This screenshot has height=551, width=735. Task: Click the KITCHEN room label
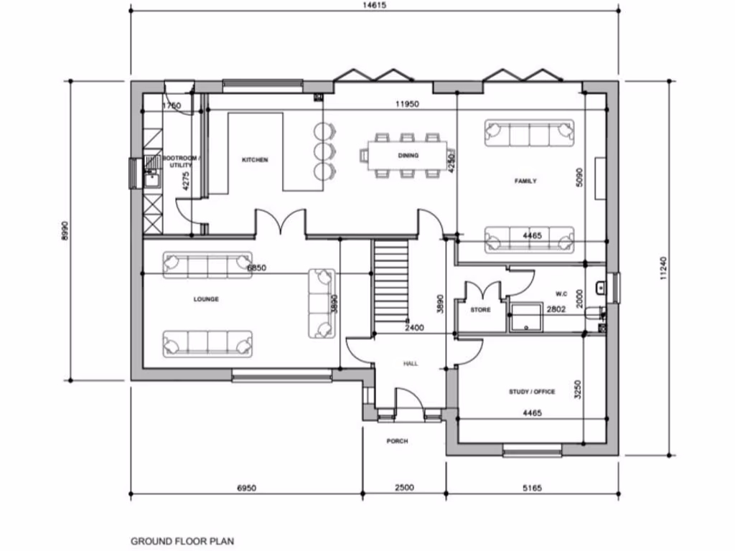tap(255, 160)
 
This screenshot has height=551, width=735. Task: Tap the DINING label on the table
tap(408, 155)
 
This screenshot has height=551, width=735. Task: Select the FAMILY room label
tap(525, 182)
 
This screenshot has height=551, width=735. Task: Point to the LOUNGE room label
tap(205, 299)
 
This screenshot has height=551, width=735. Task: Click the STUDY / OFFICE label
tap(532, 392)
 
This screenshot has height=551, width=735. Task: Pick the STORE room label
tap(480, 311)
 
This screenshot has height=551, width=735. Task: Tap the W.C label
tap(561, 293)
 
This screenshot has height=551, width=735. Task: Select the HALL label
tap(411, 364)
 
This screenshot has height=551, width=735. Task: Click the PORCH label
tap(397, 441)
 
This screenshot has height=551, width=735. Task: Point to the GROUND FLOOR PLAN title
tap(182, 542)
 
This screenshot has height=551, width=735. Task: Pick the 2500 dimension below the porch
tap(404, 488)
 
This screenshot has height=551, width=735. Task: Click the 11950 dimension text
tap(407, 104)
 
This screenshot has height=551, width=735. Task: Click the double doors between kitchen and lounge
tap(281, 222)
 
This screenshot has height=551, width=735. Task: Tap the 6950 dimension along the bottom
tap(245, 488)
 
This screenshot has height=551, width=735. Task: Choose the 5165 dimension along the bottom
tap(532, 488)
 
